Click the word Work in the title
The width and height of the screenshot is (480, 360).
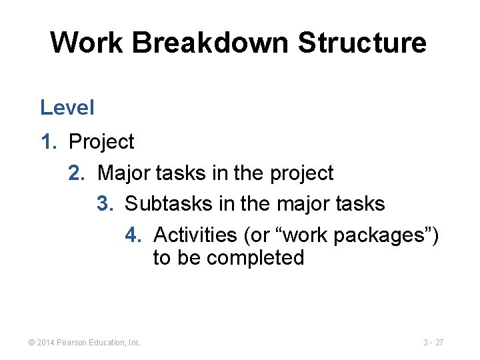point(87,43)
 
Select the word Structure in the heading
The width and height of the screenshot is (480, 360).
point(362,43)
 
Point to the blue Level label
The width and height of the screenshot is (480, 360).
point(67,107)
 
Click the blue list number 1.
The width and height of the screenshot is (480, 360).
point(49,142)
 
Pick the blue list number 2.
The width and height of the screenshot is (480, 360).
point(77,173)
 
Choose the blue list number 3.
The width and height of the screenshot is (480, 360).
point(105,203)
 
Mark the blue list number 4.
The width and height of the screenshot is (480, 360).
point(133,235)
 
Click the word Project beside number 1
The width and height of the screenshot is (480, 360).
point(101,142)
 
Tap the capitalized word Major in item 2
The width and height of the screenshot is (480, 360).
point(124,173)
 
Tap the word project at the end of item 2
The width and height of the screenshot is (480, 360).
point(301,173)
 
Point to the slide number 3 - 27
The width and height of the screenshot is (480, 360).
point(433,343)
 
